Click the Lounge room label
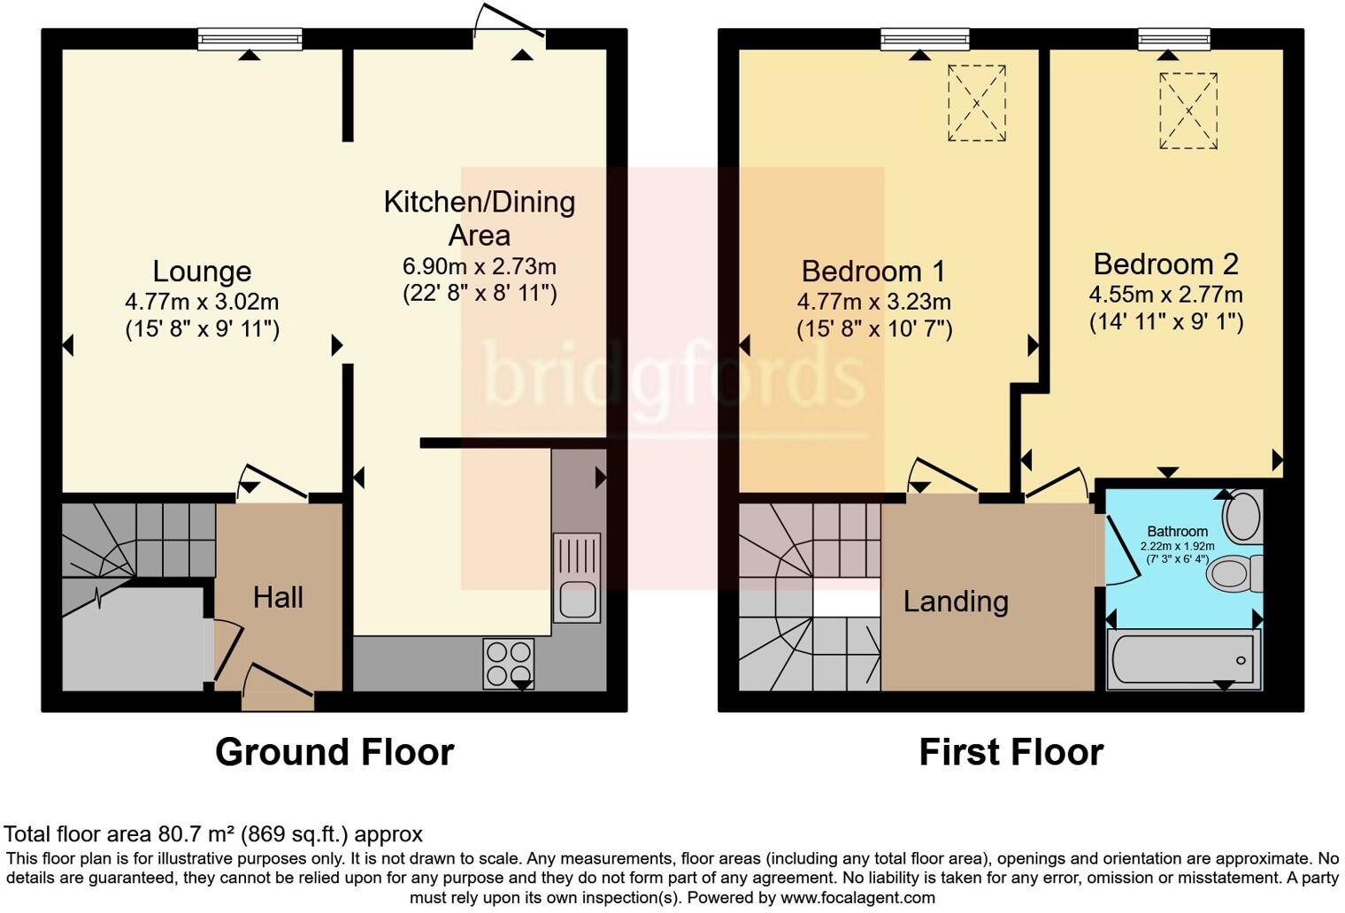[x=202, y=271]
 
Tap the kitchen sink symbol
[x=576, y=578]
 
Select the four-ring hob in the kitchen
[x=509, y=664]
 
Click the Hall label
[x=278, y=597]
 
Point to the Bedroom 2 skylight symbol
[x=1188, y=111]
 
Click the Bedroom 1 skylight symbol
[x=977, y=103]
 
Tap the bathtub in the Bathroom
[x=1184, y=659]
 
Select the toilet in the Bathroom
[x=1235, y=573]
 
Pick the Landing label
[x=956, y=602]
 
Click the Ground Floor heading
[x=334, y=752]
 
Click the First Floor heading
[x=1011, y=752]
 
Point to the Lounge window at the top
[x=250, y=39]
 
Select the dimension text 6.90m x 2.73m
[x=480, y=266]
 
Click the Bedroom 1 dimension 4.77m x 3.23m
[x=874, y=302]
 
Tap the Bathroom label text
[x=1177, y=532]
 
